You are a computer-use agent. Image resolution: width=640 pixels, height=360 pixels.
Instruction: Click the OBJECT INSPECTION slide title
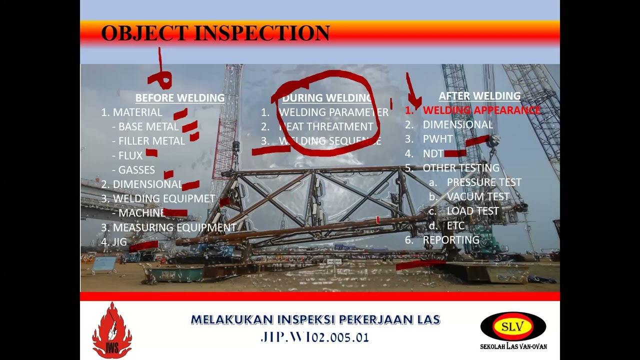(x=215, y=33)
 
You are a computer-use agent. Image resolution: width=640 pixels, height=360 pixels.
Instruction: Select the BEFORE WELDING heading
(x=180, y=98)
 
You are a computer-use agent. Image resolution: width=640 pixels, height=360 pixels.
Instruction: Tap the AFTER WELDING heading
(x=479, y=96)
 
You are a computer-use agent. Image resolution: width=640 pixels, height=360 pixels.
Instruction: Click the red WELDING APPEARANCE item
(x=481, y=110)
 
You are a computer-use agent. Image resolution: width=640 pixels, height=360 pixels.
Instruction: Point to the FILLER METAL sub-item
(x=151, y=141)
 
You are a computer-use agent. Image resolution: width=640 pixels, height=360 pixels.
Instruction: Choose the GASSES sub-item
(x=136, y=170)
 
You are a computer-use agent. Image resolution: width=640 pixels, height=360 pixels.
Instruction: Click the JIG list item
(x=119, y=242)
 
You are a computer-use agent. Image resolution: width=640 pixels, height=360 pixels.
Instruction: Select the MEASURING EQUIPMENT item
(x=174, y=227)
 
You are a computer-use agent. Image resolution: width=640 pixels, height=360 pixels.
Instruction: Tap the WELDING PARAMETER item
(x=333, y=112)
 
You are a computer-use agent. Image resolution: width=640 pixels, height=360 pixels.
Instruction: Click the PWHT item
(x=437, y=139)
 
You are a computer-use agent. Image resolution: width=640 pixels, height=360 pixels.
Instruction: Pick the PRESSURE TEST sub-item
(x=483, y=182)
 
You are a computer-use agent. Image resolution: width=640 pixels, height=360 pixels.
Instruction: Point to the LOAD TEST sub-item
(x=472, y=211)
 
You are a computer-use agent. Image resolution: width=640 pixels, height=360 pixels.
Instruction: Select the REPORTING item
(x=451, y=240)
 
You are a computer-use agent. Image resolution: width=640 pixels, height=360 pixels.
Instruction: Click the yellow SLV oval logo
(x=513, y=327)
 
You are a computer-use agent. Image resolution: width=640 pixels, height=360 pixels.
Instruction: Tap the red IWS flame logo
(x=112, y=330)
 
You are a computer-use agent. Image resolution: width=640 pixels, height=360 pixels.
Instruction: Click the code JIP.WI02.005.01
(x=314, y=337)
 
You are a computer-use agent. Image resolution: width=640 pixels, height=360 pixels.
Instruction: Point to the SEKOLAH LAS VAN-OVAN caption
(x=513, y=346)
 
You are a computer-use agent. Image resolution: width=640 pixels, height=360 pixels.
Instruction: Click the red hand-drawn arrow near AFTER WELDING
(x=412, y=92)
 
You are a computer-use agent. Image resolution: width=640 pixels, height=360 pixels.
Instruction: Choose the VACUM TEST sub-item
(x=477, y=197)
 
